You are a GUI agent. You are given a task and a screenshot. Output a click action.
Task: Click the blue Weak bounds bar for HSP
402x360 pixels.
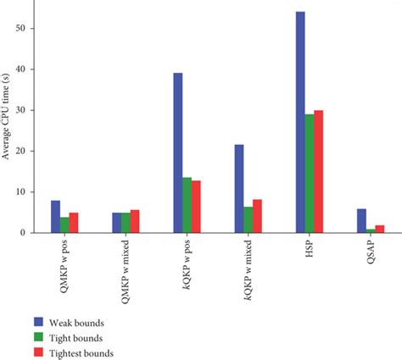[300, 122]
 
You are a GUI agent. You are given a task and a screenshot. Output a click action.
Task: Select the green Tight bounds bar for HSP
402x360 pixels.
[310, 174]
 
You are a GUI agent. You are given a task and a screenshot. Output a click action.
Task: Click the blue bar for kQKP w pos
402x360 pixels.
[178, 152]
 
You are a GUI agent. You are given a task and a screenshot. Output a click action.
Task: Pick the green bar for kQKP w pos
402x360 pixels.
[187, 205]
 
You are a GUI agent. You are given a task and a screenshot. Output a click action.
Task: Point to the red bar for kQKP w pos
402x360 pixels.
[197, 207]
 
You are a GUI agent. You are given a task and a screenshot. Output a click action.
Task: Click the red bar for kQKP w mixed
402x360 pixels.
[258, 216]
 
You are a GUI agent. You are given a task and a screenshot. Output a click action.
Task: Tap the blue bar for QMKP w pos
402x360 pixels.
[55, 216]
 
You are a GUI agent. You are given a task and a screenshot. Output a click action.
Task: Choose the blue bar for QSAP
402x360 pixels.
[361, 220]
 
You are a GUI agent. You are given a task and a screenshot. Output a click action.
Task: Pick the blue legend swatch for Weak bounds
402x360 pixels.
[38, 321]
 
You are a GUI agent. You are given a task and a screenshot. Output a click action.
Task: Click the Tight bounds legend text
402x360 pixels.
[81, 336]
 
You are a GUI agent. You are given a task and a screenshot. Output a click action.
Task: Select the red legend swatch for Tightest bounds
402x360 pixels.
[38, 352]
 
